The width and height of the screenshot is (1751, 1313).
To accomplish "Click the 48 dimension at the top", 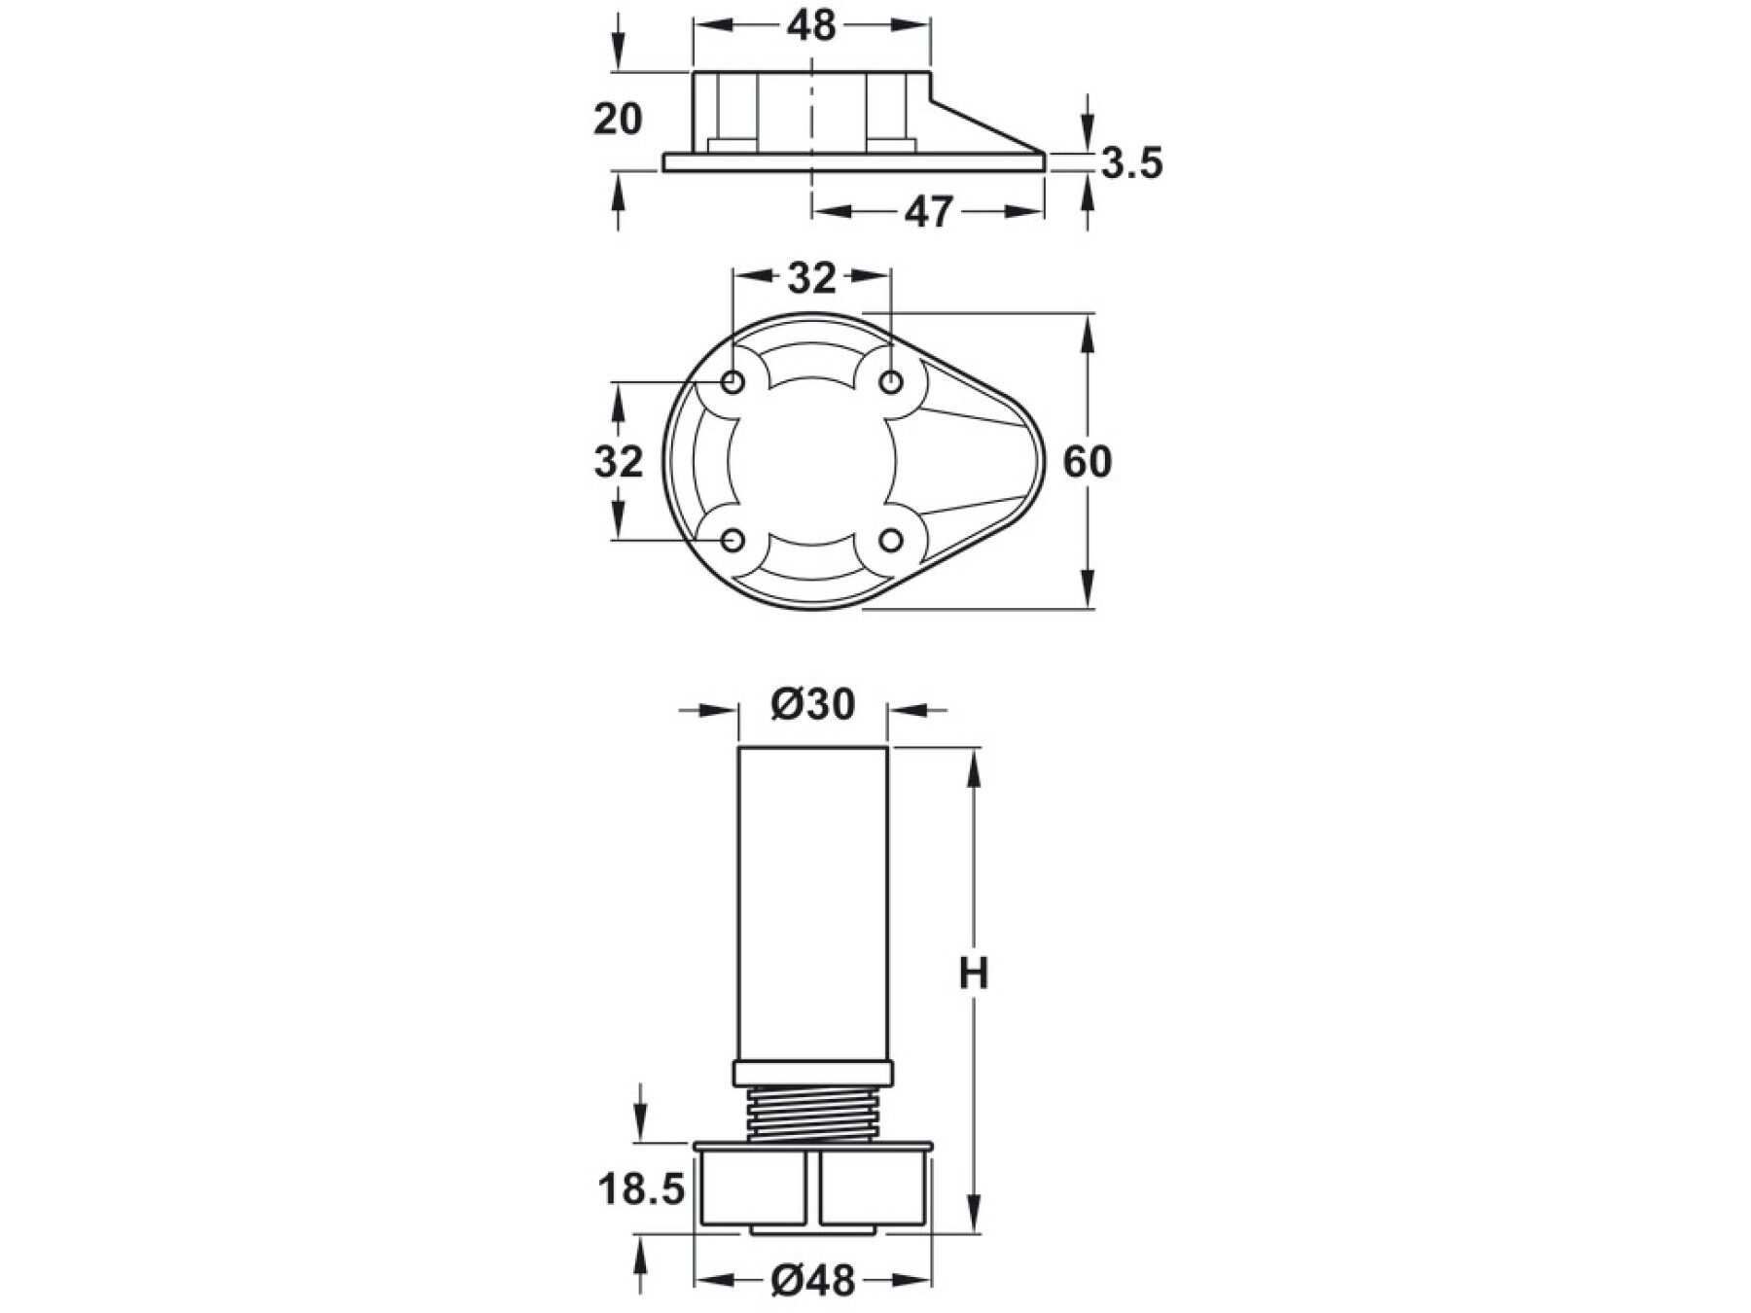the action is coord(812,26).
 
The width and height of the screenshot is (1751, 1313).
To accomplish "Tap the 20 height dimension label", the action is coord(618,120).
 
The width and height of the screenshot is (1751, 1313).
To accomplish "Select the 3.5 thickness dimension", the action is coord(1131,163).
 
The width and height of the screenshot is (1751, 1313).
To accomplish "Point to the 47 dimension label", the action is coord(929,212).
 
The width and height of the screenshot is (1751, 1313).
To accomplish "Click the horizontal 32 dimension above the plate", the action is coord(812,278).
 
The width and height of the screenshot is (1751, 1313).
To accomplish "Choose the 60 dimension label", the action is coord(1087,461).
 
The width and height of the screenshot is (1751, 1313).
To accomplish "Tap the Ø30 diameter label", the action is coord(812,704).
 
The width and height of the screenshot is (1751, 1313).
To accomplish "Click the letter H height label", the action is coord(974,973).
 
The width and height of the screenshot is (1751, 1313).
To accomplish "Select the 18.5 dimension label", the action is coord(642,1189).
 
